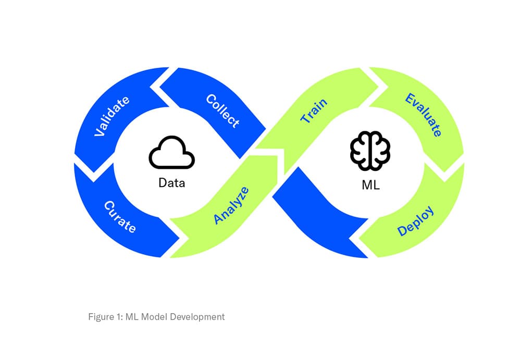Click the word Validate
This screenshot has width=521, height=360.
pos(111,116)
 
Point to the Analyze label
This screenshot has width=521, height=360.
pos(231,205)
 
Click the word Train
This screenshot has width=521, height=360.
pos(314,111)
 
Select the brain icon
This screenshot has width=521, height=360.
pos(370,150)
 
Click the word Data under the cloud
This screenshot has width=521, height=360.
pos(171,183)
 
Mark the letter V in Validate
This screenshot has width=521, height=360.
pos(97,133)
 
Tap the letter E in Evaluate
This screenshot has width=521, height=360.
pos(411,98)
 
